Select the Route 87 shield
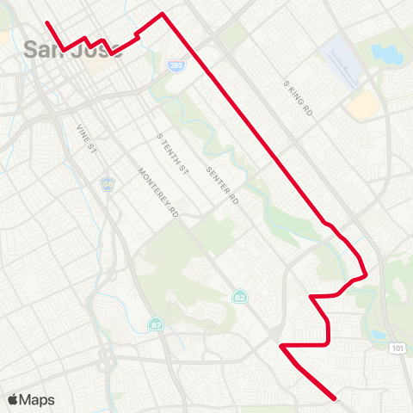(156, 324)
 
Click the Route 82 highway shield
(239, 296)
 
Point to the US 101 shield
(396, 348)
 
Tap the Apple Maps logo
(31, 399)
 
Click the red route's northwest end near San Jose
(46, 22)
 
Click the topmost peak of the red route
(163, 15)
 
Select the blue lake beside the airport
(385, 54)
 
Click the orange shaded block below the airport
(363, 106)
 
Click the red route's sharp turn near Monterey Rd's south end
(282, 346)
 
